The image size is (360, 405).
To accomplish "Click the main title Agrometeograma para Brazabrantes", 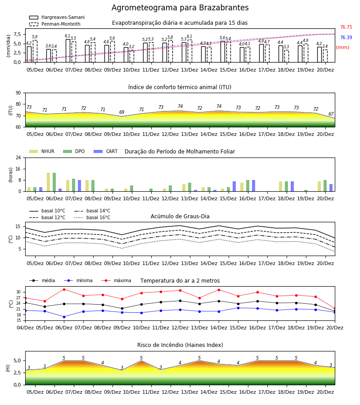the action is pos(180,8).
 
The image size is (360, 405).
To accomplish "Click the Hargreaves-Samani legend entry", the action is pos(57,17).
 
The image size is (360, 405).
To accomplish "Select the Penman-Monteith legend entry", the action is pos(55,24).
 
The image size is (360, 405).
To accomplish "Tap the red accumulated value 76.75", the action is pos(346,27).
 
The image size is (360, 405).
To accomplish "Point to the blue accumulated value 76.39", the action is pos(346,37).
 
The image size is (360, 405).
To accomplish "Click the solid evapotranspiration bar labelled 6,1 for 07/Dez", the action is pos(68,50).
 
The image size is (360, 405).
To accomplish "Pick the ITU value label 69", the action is pos(121,112).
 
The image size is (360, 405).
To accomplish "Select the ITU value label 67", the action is pos(331,114).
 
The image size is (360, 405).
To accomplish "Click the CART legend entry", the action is pos(106,151).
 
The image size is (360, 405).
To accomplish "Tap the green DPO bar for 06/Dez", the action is pos(54,182).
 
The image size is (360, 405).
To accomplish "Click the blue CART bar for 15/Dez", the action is pos(234,186).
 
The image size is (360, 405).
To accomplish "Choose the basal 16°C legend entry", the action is pos(92,217).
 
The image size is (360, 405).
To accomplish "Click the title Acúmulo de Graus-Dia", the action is pos(180,216).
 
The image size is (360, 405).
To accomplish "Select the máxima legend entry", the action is pos(116,280).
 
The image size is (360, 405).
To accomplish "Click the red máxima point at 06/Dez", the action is pos(64,289).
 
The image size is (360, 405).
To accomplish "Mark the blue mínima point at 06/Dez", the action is pos(64,317).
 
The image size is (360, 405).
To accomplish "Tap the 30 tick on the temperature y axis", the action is pos(18,292).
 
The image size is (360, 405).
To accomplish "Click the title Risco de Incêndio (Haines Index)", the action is pos(180,345).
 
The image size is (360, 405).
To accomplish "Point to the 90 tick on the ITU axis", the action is pos(18,93).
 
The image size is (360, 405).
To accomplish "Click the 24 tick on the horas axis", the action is pos(18,157).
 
